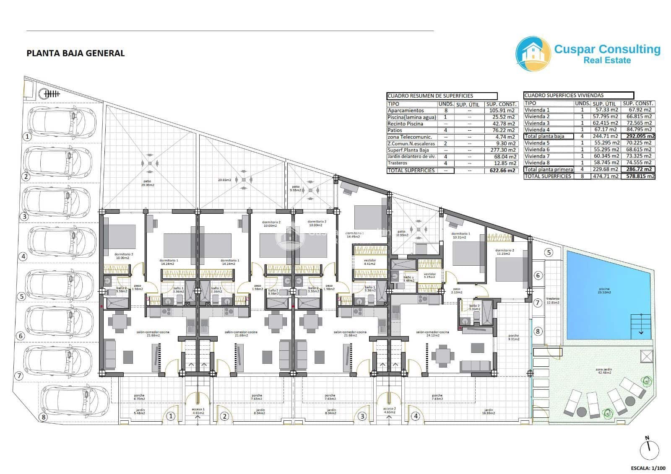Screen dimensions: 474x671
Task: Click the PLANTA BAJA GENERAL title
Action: coord(75,53)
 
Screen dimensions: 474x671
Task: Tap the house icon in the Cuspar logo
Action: coord(533,54)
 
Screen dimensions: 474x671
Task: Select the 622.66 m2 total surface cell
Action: coord(502,171)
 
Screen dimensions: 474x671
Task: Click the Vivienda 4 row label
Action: coord(537,130)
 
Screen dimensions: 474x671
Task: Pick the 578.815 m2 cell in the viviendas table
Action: coord(638,176)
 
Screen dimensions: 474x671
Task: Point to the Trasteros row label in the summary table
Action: coord(398,163)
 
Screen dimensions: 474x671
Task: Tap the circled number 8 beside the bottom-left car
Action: coord(42,417)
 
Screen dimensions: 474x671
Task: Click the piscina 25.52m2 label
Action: coord(605,290)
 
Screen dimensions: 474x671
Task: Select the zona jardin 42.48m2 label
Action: coord(603,371)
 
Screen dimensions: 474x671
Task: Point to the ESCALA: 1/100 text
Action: coord(648,468)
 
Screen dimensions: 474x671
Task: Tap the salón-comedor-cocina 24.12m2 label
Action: coord(432,334)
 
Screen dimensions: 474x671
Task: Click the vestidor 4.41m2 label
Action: coord(370,262)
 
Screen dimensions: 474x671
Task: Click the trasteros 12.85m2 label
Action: coord(553,300)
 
